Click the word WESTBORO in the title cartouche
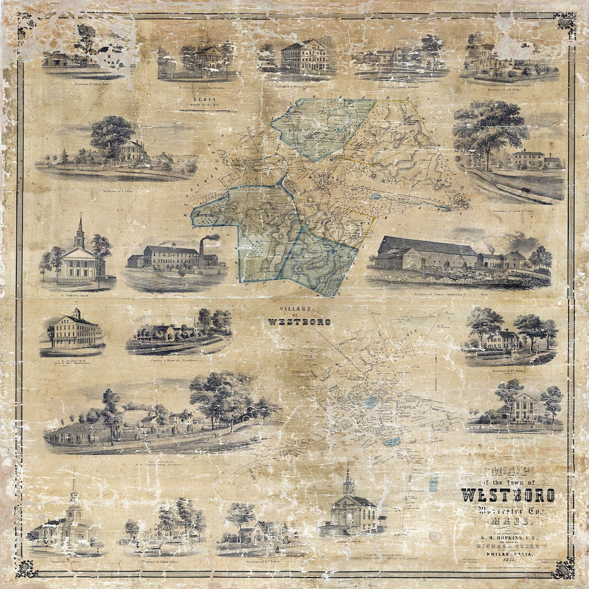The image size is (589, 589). [508, 495]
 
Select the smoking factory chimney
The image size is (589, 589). [201, 251]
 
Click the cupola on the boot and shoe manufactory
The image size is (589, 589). [76, 313]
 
